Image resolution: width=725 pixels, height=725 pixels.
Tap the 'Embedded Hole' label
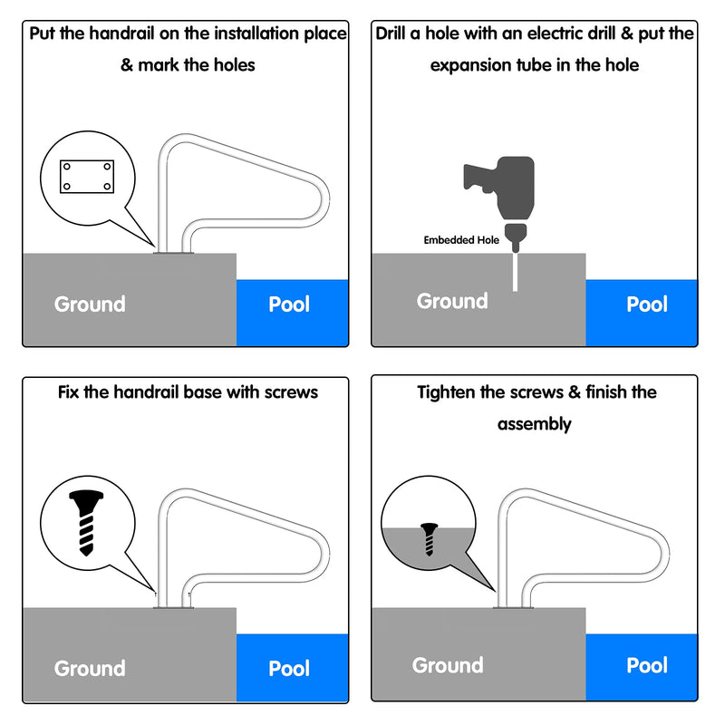[461, 240]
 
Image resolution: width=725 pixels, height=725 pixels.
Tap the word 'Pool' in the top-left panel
[289, 304]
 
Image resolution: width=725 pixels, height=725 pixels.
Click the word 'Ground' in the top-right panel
[452, 301]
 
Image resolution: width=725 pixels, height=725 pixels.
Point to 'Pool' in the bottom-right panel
[647, 665]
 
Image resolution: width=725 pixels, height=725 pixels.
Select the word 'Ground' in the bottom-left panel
[90, 668]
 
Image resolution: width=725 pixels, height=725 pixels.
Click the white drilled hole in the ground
[516, 271]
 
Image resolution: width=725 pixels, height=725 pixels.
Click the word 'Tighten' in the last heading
[449, 392]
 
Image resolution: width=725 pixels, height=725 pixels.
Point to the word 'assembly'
[534, 423]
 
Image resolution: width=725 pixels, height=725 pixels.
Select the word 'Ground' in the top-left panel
[90, 304]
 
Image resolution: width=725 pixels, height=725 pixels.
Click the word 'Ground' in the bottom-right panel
[448, 665]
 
